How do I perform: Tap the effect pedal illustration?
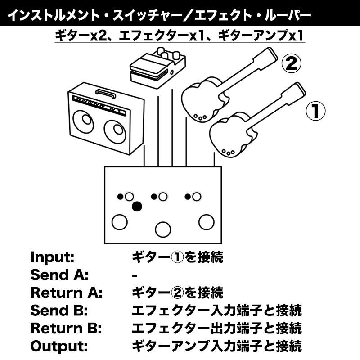click(x=156, y=65)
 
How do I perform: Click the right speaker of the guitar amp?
click(x=113, y=132)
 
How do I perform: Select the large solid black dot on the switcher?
click(x=137, y=207)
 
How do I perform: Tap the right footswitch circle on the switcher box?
click(x=206, y=221)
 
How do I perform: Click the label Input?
click(x=52, y=257)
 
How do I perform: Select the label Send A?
click(x=59, y=275)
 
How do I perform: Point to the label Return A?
click(x=67, y=293)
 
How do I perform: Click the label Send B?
click(x=59, y=310)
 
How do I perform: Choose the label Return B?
click(x=67, y=328)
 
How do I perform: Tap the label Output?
click(x=58, y=346)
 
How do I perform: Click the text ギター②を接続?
click(x=177, y=293)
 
